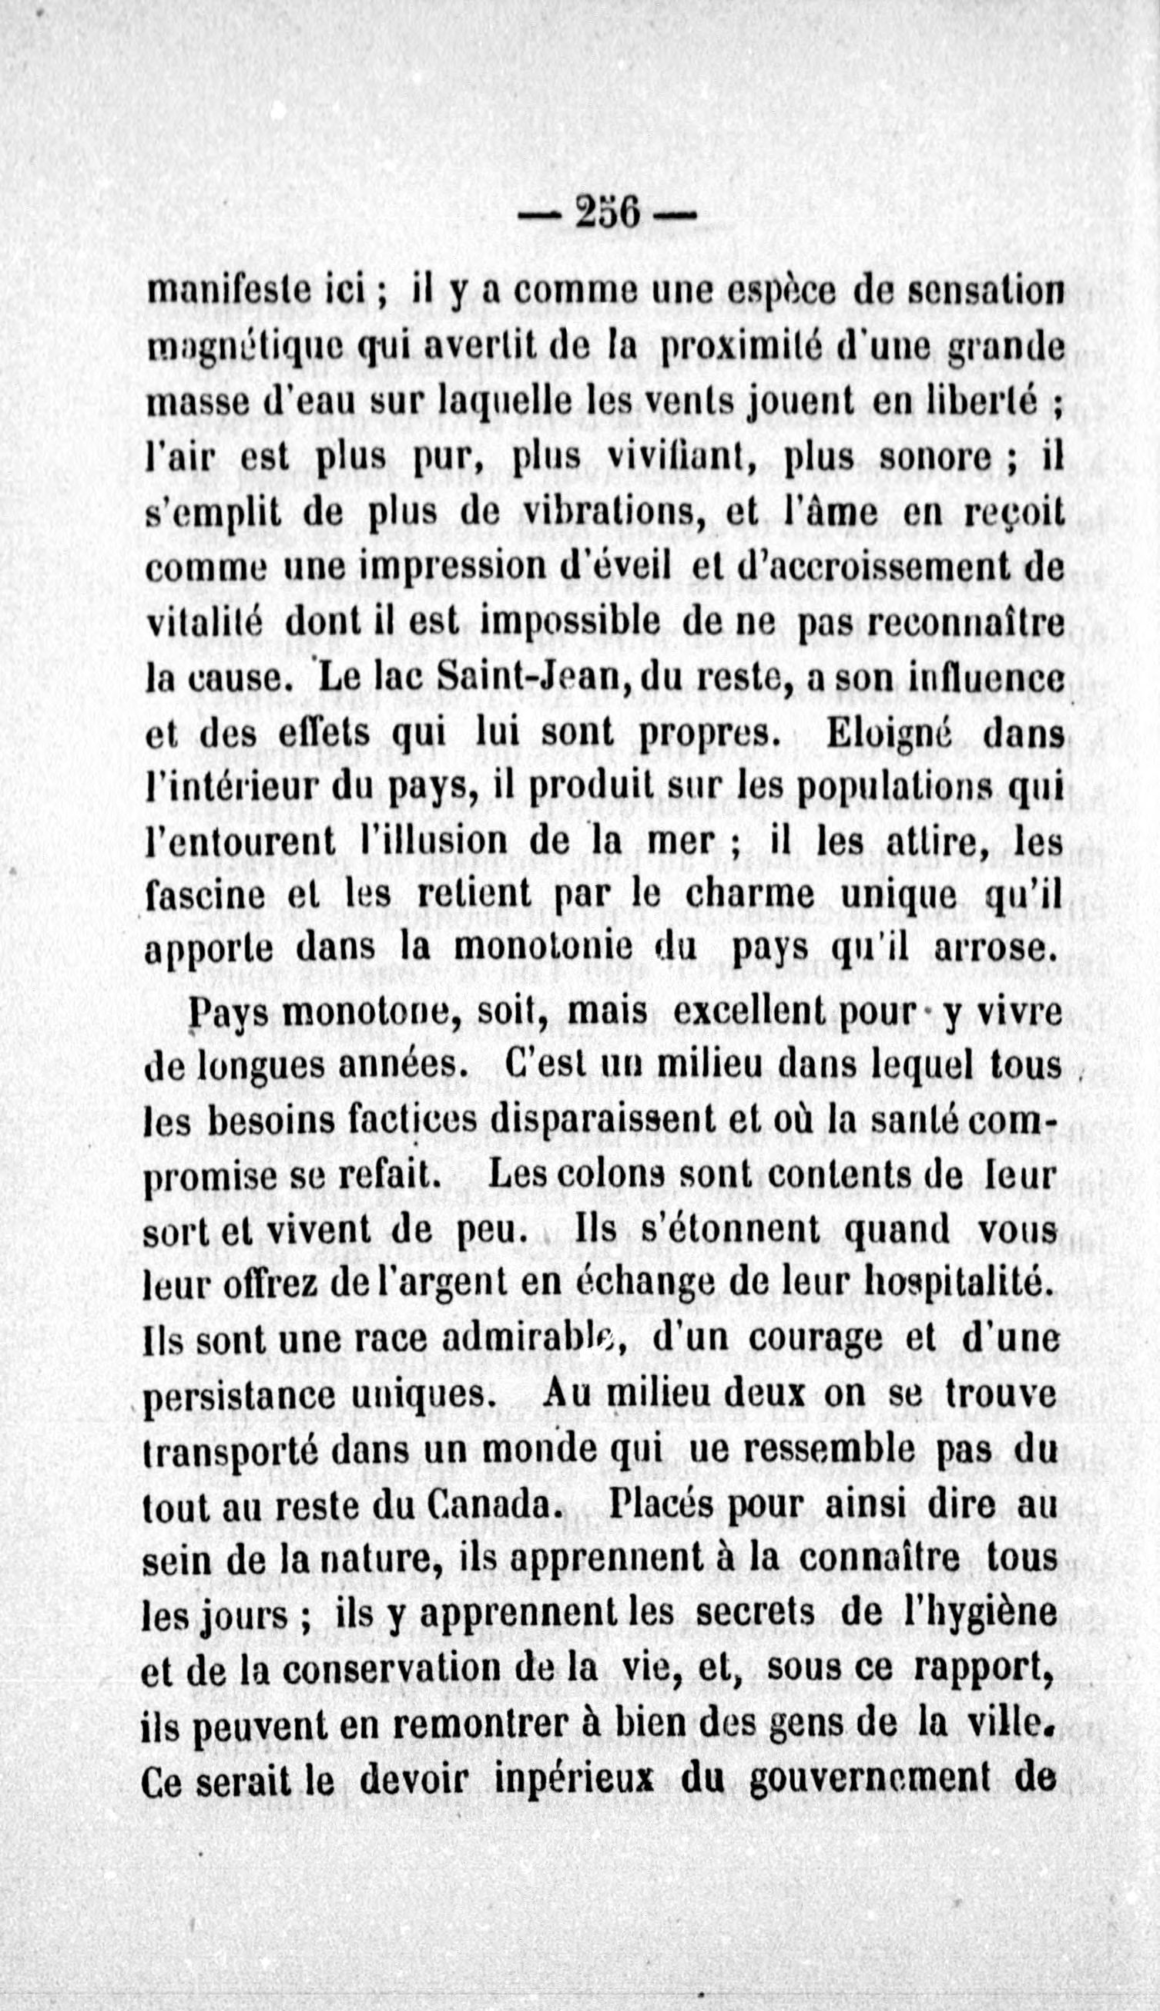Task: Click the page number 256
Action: point(607,214)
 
